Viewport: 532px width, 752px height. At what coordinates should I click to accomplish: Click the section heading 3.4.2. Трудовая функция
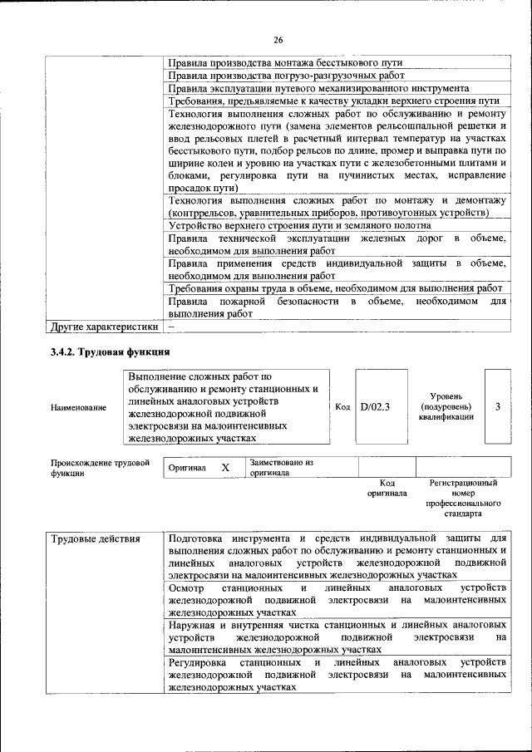pos(111,352)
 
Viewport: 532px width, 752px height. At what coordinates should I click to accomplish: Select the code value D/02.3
pos(376,406)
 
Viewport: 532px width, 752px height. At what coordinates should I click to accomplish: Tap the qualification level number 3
pos(497,406)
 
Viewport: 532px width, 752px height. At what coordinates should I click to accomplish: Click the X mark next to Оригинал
pos(224,468)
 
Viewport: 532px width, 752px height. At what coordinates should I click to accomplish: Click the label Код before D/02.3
pos(342,406)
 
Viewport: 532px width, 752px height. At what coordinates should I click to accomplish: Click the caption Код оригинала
pos(387,488)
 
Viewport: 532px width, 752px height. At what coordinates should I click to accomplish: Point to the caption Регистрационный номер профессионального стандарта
pos(463,498)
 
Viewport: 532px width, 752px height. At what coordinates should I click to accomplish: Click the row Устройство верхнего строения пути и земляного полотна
pos(299,225)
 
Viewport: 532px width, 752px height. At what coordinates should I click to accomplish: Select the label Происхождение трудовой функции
pos(100,467)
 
